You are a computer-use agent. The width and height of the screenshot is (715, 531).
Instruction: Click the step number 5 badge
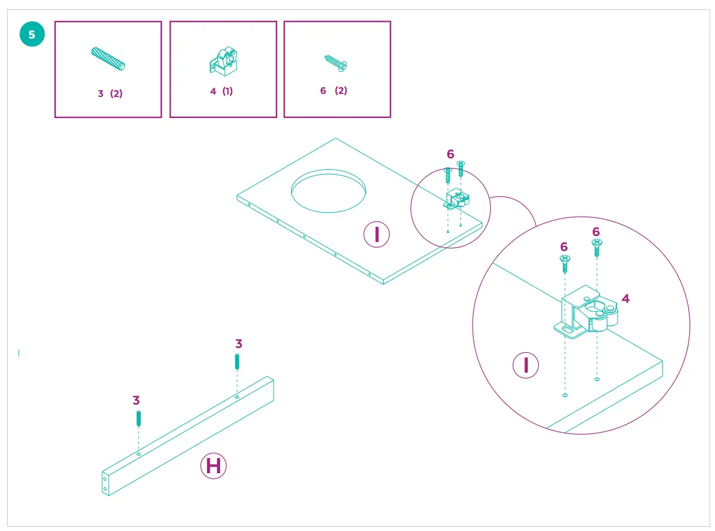point(32,34)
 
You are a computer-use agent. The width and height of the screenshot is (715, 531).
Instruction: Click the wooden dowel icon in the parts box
point(108,58)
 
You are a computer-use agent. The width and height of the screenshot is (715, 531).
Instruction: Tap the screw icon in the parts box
point(336,63)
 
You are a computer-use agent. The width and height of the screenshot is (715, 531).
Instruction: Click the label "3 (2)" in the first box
point(110,93)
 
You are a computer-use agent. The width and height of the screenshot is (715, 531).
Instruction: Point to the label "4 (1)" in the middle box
point(221,92)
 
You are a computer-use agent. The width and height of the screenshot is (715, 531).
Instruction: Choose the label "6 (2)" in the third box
point(334,90)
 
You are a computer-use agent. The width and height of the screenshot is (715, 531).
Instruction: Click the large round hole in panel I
point(328,191)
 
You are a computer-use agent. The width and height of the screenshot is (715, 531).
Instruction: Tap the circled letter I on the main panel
point(377,234)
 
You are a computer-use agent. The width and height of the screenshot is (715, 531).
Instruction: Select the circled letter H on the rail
point(213,466)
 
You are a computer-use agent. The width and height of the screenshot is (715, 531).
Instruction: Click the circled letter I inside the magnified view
point(526,365)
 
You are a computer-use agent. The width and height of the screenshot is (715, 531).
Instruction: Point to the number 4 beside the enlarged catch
point(625,299)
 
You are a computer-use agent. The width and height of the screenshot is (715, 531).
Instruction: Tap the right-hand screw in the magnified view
point(597,247)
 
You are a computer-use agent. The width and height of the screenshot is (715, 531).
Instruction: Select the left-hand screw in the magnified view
point(565,262)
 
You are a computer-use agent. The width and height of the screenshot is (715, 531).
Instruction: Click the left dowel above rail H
point(139,418)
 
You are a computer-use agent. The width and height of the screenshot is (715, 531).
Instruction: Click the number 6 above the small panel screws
point(450,155)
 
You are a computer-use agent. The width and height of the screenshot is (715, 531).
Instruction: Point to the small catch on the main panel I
point(456,199)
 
